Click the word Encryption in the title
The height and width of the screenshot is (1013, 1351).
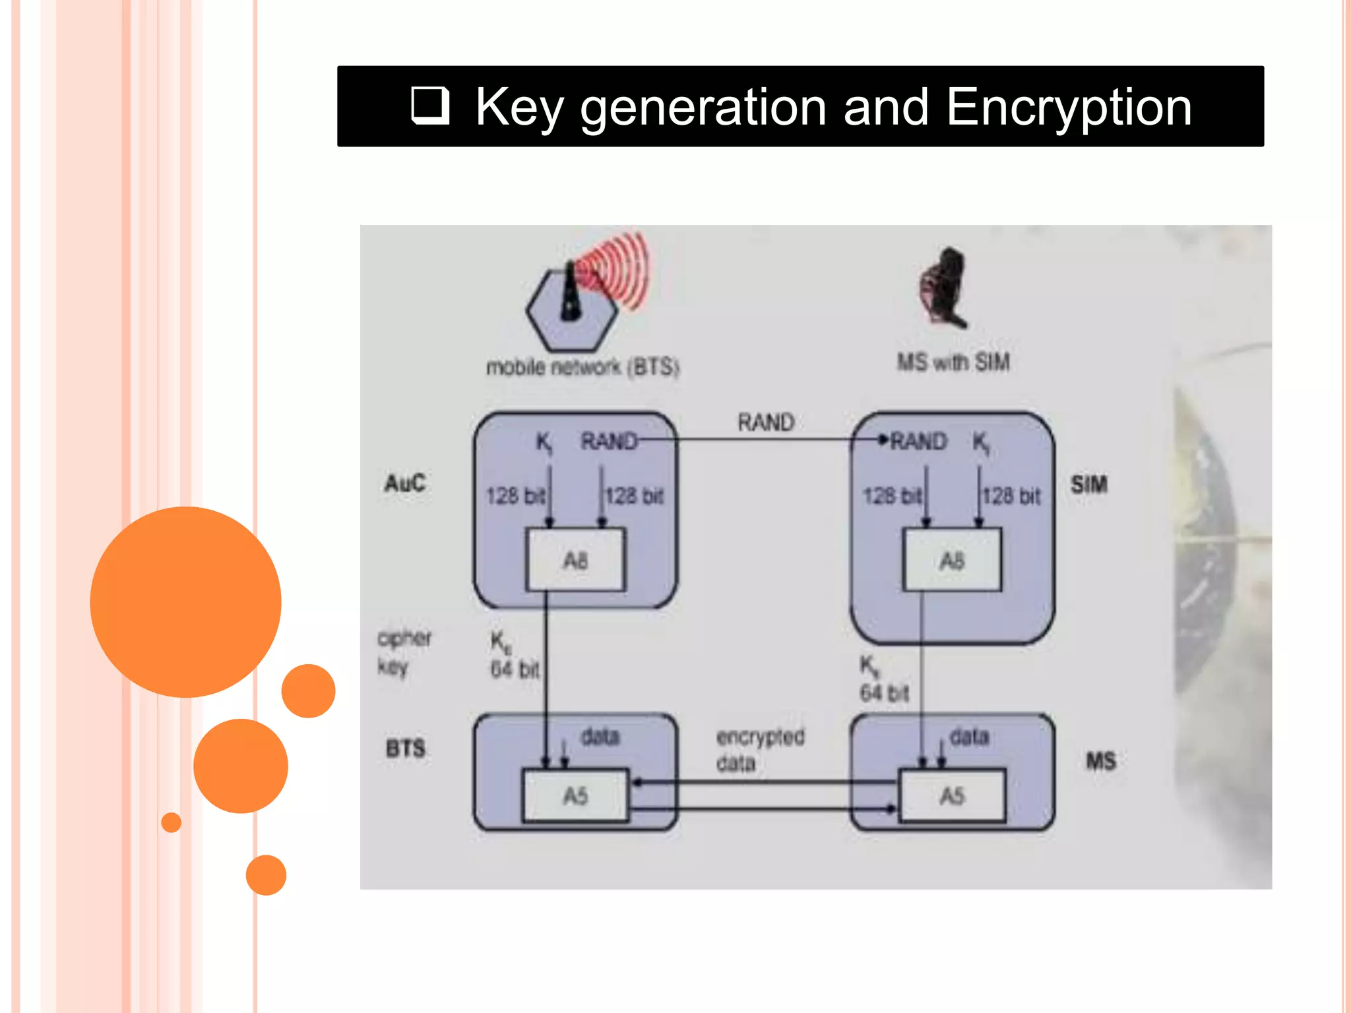(1069, 107)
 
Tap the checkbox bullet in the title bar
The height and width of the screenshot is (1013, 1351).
(430, 106)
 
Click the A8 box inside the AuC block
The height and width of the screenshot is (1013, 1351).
(575, 560)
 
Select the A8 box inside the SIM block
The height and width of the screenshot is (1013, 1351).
(951, 560)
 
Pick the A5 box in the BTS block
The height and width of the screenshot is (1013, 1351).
(575, 795)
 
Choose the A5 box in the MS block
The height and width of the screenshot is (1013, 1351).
(952, 795)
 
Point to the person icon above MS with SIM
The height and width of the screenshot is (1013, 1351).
(944, 288)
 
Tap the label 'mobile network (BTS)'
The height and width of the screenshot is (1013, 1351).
(582, 367)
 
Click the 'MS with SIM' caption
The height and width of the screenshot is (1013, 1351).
(953, 362)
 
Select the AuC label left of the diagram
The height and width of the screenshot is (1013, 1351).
(405, 483)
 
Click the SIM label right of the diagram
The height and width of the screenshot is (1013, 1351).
(1089, 485)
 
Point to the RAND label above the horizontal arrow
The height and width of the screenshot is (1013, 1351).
(765, 422)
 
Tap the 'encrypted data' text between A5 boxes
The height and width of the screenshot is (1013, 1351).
(760, 750)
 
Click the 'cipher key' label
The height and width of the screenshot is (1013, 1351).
(403, 652)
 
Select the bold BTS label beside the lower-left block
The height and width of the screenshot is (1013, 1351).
(406, 749)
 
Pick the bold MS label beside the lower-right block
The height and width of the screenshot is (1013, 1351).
(1101, 761)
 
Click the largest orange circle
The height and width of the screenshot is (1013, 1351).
(186, 601)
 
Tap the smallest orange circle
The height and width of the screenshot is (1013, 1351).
(172, 822)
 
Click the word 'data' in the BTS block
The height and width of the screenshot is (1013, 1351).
(600, 736)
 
